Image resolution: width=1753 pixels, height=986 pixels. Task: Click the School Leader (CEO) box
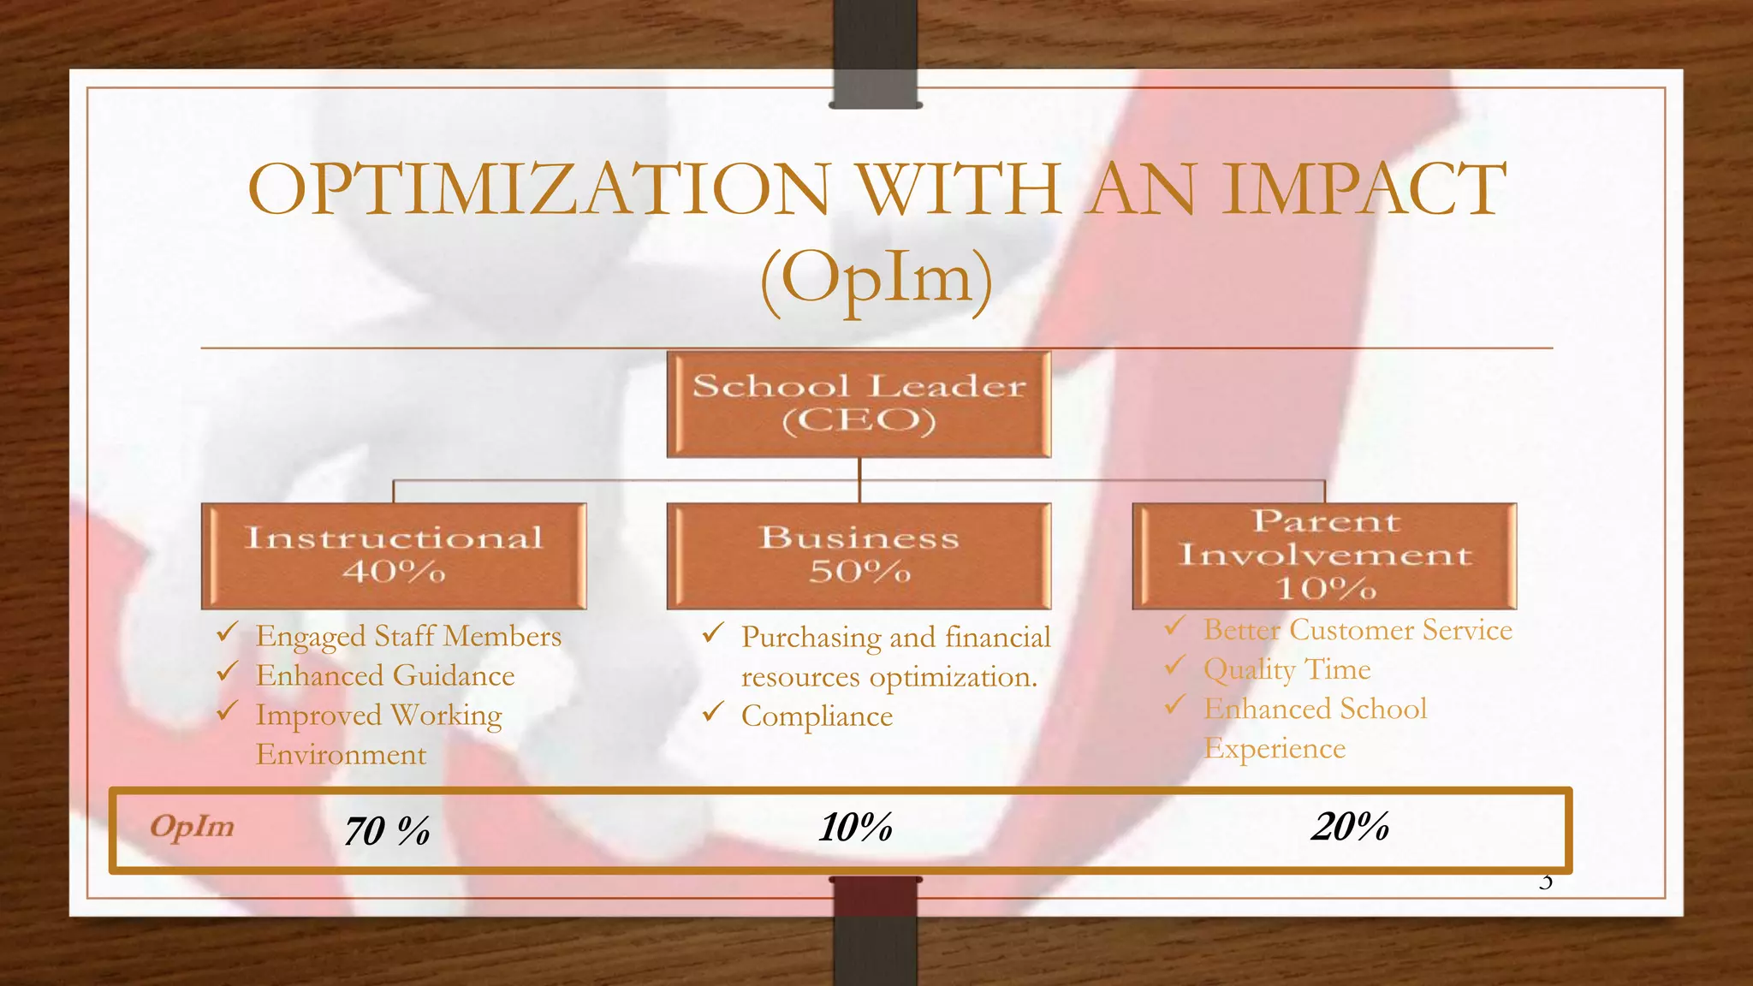[859, 404]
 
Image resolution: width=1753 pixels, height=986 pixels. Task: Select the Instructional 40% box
[394, 555]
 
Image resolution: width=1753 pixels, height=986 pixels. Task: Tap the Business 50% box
[859, 555]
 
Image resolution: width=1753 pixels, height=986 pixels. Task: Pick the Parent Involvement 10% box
[1324, 555]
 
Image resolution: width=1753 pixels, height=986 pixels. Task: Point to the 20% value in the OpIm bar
[1350, 827]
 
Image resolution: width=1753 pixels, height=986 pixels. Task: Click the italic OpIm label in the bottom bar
[192, 827]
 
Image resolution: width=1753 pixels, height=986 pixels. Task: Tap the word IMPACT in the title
[1363, 189]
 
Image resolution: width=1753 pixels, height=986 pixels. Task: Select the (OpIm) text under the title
[876, 278]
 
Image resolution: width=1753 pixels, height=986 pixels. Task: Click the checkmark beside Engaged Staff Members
[227, 633]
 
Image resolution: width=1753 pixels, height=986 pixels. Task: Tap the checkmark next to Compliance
[713, 712]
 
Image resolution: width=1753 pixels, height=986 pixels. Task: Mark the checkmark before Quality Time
[1174, 665]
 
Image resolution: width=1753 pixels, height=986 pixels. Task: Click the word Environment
[341, 755]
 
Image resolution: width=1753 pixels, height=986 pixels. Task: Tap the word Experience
[1275, 749]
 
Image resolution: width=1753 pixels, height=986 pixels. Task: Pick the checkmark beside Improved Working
[227, 711]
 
